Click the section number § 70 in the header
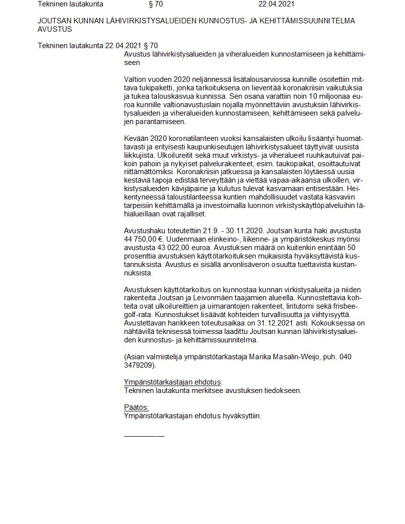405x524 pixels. [x=155, y=4]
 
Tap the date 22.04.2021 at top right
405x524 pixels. [x=276, y=4]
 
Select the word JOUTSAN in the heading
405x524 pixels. [x=54, y=21]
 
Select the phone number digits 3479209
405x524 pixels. [x=139, y=365]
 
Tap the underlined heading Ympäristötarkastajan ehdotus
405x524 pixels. [x=173, y=382]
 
